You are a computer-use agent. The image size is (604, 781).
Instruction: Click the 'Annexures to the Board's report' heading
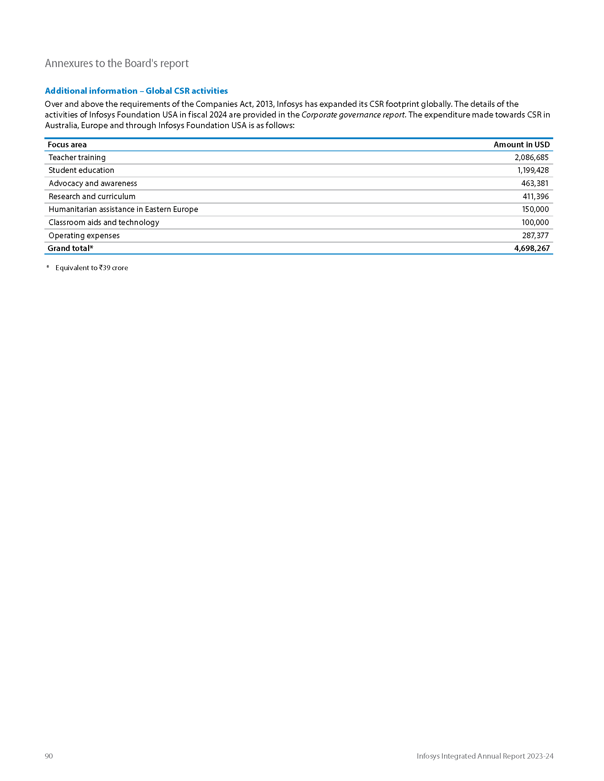pos(117,63)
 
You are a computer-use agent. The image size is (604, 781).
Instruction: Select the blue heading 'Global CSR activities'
pos(136,91)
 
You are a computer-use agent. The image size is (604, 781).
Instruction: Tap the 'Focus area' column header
pos(67,144)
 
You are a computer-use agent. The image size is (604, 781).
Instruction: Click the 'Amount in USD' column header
pos(521,144)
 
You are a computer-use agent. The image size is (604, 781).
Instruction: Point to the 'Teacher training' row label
pos(77,157)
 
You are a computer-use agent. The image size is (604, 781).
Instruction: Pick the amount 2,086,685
pos(532,157)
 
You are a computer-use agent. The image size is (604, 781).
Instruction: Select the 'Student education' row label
pos(81,170)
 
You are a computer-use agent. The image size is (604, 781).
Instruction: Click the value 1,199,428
pos(533,170)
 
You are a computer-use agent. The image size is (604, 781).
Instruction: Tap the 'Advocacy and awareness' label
pos(93,184)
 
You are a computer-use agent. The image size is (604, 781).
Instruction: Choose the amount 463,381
pos(535,184)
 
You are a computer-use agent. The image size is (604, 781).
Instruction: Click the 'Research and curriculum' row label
pos(92,196)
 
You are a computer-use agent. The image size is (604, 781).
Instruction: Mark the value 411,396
pos(535,196)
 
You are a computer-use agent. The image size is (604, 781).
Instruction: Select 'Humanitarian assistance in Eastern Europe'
pos(123,209)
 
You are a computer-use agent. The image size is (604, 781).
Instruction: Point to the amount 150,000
pos(535,209)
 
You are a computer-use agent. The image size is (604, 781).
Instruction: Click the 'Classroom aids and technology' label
pos(104,223)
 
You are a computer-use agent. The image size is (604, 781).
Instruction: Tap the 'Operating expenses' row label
pos(84,235)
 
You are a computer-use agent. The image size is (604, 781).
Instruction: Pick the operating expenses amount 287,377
pos(535,235)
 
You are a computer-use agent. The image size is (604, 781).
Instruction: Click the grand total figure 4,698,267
pos(532,248)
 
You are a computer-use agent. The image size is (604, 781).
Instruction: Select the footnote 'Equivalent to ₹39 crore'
pos(92,268)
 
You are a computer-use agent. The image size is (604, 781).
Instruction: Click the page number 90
pos(49,755)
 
